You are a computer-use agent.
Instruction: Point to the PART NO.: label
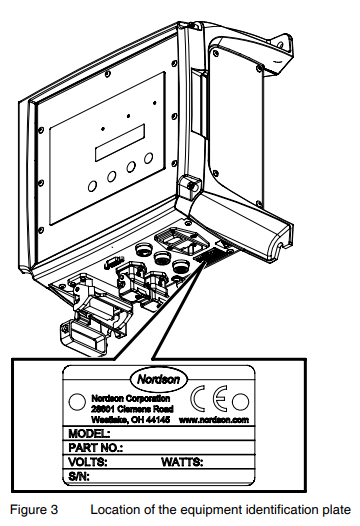[x=93, y=448]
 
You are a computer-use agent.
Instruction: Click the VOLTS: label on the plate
[x=87, y=463]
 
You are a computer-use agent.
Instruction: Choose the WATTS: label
[x=182, y=463]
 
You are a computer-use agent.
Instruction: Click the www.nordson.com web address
[x=214, y=420]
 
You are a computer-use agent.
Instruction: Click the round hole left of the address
[x=75, y=402]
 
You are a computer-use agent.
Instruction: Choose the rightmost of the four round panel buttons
[x=148, y=159]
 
